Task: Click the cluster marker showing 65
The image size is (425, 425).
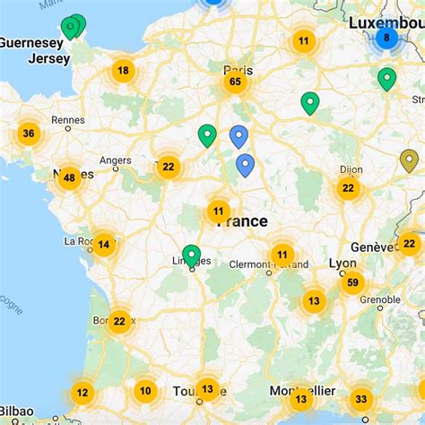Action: point(235,82)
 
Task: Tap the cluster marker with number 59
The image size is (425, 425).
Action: point(351,283)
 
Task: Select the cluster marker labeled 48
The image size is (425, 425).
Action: point(68,178)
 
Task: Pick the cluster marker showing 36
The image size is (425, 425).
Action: point(28,134)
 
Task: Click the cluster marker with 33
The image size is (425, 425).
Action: point(360,399)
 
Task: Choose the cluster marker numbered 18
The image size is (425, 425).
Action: point(123,70)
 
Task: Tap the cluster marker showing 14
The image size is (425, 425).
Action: point(103,244)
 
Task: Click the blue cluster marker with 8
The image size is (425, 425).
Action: point(386,39)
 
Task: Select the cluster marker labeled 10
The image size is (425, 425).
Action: point(145,390)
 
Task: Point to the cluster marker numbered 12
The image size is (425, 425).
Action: point(82,392)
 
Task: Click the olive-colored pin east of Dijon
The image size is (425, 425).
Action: point(409,160)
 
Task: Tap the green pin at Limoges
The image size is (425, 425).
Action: point(191,256)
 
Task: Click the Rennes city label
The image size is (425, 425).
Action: point(67,119)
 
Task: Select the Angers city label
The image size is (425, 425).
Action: point(116,161)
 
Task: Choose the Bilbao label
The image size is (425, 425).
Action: point(16,412)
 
